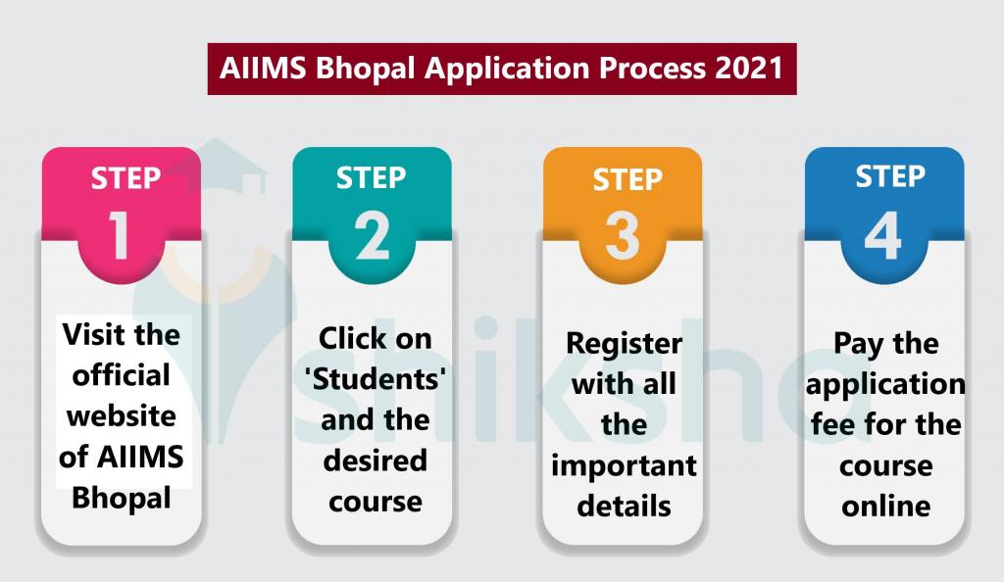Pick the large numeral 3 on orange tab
623,238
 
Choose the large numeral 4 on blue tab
882,235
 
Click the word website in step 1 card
123,416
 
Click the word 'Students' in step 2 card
373,378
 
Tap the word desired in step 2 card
374,459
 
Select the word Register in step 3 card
624,344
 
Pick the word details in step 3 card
624,506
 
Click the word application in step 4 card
885,384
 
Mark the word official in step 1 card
124,375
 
